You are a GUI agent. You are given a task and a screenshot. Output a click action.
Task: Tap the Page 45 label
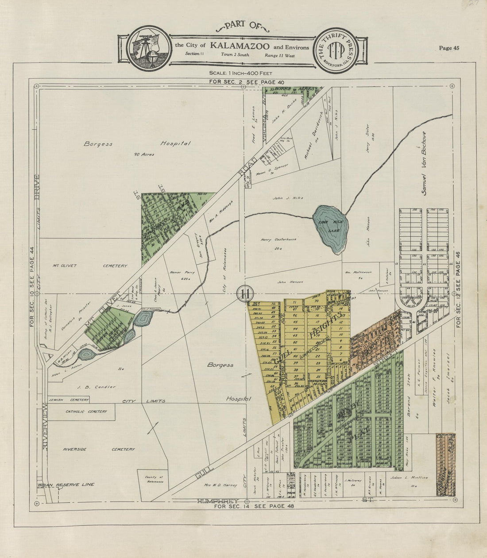448,48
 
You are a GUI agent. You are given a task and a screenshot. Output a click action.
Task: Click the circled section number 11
245,293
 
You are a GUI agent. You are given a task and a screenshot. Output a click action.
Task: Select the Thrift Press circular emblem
335,49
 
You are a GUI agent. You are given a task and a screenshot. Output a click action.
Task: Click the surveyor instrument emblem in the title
149,49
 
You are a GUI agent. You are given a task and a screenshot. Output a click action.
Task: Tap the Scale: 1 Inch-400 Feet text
241,73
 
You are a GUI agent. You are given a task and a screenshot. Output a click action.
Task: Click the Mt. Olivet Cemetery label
89,266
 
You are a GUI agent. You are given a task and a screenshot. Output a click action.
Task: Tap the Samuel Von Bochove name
423,163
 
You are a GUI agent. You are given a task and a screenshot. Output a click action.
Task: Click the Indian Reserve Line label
66,485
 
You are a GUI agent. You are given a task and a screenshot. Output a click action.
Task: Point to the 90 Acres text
144,154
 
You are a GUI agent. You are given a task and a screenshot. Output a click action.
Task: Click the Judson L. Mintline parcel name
410,477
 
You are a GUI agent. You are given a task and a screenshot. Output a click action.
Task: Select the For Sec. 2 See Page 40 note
246,82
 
